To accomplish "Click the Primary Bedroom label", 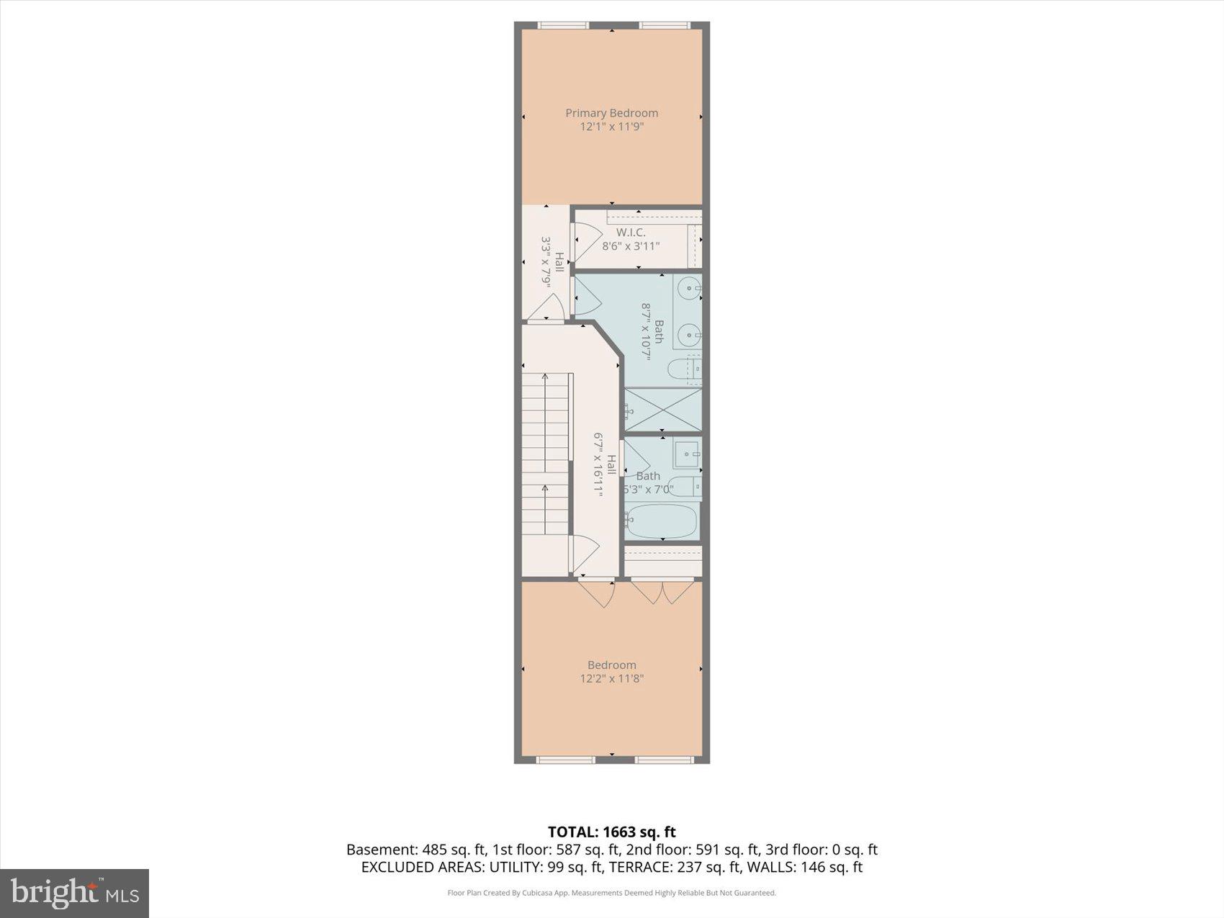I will point(611,113).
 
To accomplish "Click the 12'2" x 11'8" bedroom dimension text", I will point(611,678).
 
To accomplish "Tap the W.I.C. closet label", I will point(631,233).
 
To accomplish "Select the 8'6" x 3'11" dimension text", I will point(631,246).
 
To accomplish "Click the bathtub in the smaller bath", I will point(661,521).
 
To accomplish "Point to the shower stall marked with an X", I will point(662,410).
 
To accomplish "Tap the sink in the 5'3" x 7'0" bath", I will point(688,454).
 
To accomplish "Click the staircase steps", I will point(546,454).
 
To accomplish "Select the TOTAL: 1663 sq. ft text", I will point(611,832).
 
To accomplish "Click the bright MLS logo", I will point(74,894).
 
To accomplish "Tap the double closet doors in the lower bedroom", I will point(662,591).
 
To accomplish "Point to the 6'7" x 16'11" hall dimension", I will point(598,464).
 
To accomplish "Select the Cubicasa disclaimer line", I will point(611,893).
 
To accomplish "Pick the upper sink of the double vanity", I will point(690,289).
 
